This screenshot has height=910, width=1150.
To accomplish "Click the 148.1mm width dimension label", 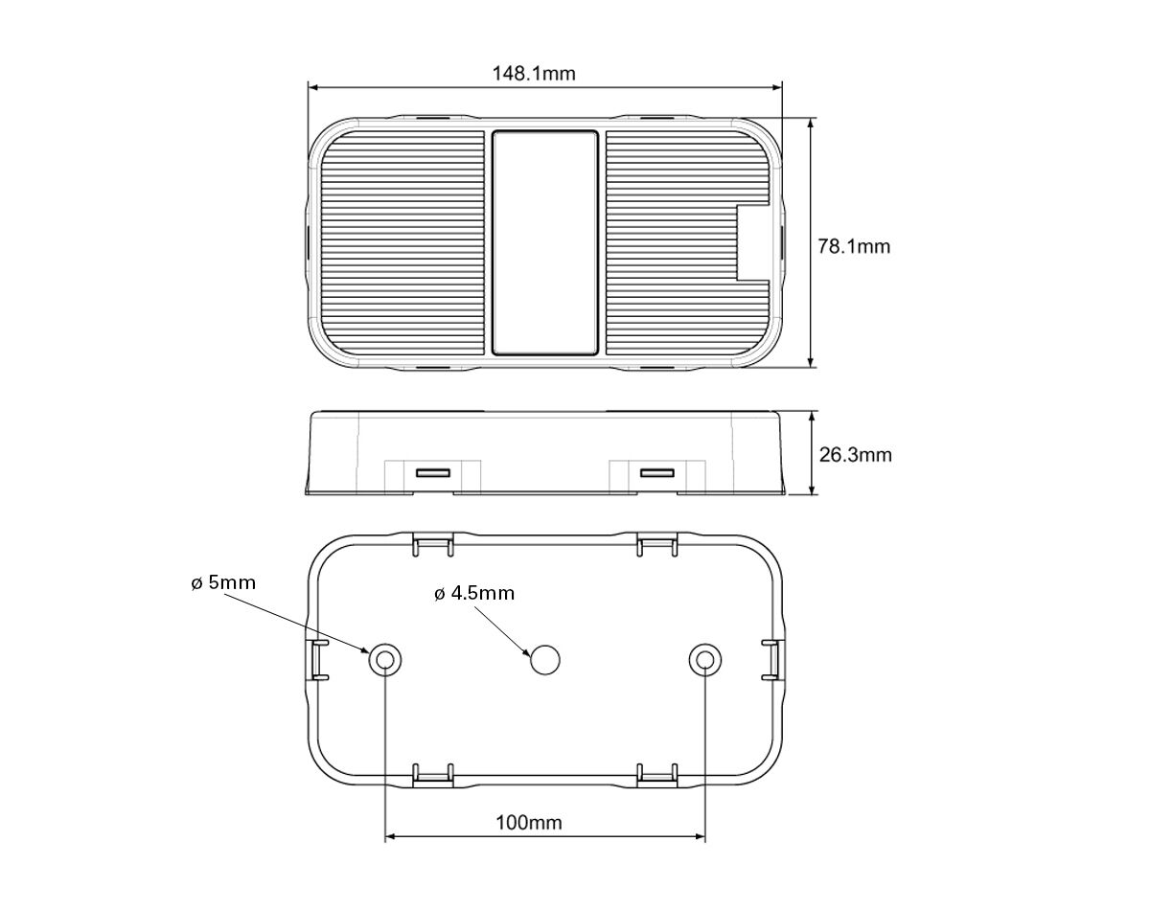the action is [534, 73].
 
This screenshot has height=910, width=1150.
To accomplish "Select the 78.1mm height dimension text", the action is [854, 246].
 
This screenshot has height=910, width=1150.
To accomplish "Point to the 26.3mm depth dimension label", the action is [855, 455].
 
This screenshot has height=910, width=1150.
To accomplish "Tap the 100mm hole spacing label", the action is [529, 823].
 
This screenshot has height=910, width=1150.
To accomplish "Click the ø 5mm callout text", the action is [223, 582].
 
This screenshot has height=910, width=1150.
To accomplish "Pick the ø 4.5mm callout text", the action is [474, 593].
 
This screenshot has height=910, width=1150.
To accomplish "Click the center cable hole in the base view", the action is [545, 660].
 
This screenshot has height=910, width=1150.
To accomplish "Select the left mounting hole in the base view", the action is [384, 660].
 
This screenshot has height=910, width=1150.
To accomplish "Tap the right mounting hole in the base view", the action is [705, 660].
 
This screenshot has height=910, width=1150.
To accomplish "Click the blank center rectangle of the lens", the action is [544, 243].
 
